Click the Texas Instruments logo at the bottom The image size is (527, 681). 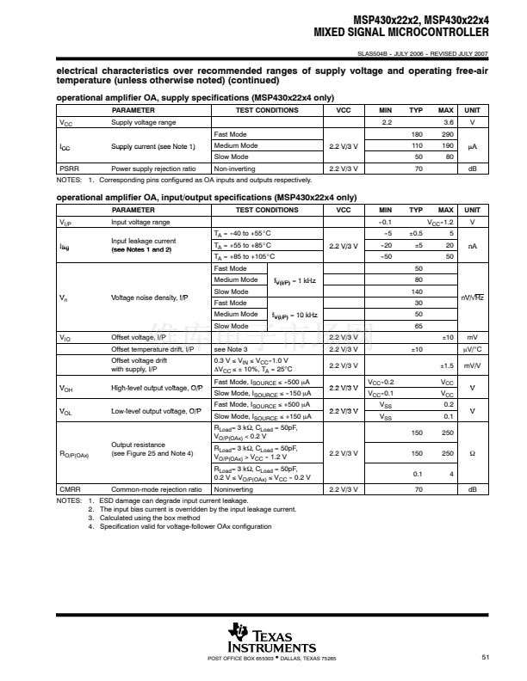271,637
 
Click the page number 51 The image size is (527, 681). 486,658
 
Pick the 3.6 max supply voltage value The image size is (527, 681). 448,123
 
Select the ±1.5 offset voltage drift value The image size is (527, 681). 446,365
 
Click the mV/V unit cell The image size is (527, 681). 473,365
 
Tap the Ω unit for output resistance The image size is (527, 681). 473,453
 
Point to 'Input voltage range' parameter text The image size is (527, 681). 139,222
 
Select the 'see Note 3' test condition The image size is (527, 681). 230,349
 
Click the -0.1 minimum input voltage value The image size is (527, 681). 386,222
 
